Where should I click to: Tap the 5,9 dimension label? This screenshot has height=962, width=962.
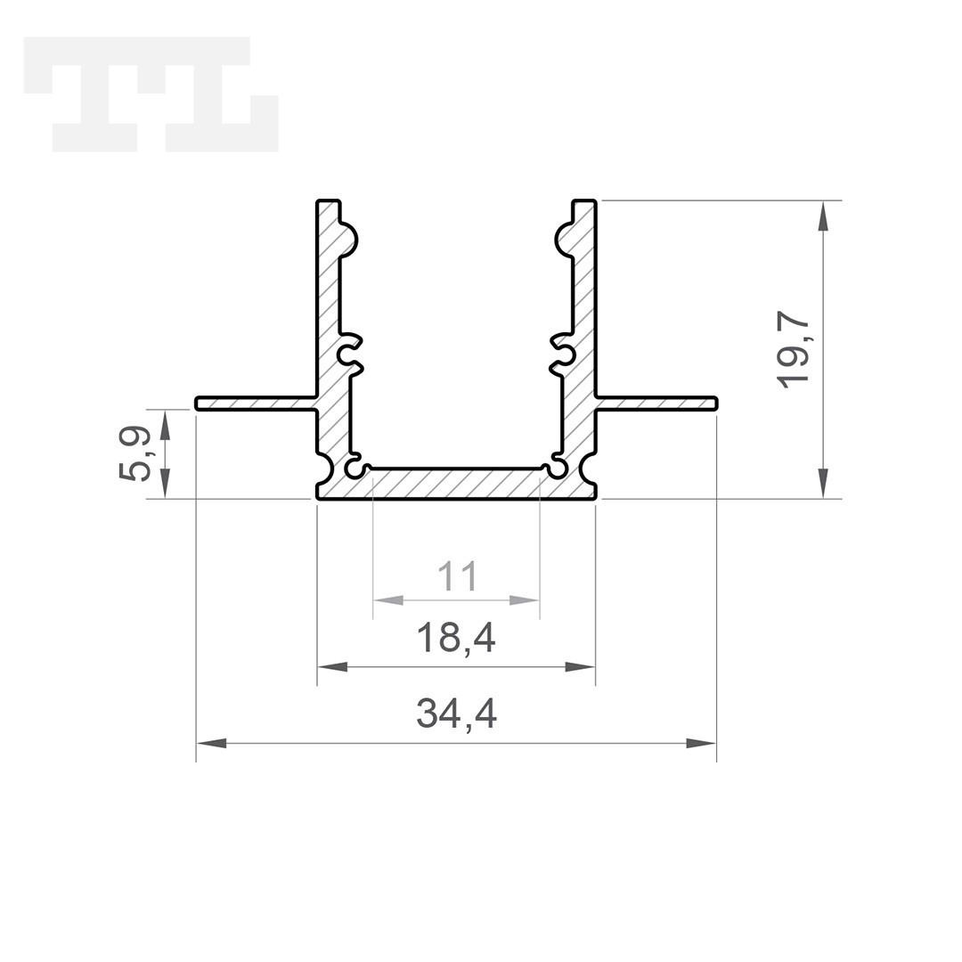tap(134, 454)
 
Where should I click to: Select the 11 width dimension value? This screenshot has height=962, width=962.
tap(457, 576)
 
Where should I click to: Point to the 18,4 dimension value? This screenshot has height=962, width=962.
tap(456, 638)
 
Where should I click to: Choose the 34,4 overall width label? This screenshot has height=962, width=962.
tap(456, 714)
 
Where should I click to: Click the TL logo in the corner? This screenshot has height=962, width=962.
tap(151, 94)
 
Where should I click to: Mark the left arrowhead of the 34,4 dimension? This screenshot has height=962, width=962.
tap(211, 743)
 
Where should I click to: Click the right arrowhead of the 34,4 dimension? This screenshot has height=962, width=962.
tap(701, 743)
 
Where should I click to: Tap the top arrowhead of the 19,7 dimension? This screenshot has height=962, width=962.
tap(823, 216)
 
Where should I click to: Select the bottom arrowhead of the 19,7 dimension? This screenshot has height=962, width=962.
tap(823, 483)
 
